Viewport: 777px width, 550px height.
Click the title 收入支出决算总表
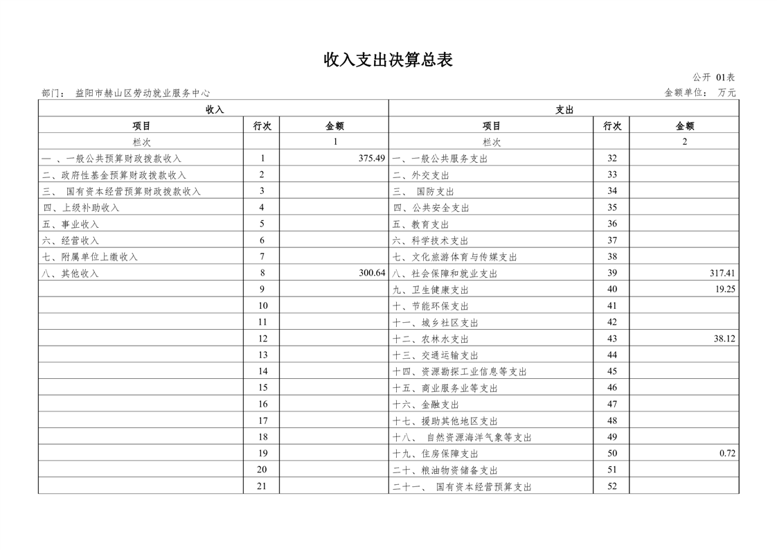[x=388, y=60]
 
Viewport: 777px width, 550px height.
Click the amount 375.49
[x=371, y=159]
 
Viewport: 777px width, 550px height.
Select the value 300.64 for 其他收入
[x=371, y=274]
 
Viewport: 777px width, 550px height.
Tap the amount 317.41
[x=722, y=274]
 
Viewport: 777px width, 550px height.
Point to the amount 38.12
[x=724, y=339]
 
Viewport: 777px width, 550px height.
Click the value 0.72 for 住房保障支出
[x=727, y=454]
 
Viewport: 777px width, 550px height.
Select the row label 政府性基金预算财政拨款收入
[x=114, y=175]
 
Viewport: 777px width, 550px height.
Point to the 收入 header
[x=215, y=109]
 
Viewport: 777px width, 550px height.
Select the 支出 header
[x=564, y=109]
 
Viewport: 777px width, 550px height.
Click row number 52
[x=611, y=486]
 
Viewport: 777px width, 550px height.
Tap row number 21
[x=262, y=486]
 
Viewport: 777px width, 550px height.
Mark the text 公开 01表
[x=714, y=78]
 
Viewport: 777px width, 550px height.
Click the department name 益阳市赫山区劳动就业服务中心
[x=143, y=93]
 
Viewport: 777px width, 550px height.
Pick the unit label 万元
[x=726, y=93]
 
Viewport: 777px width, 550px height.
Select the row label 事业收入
[x=71, y=224]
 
